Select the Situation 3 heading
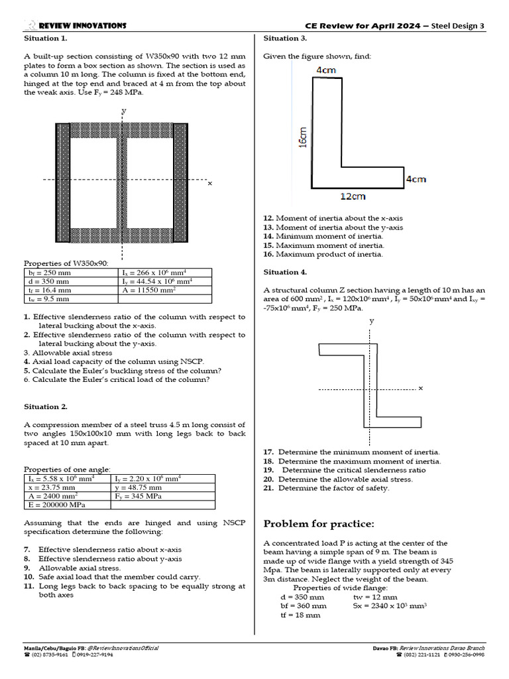click(284, 38)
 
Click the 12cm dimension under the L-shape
click(353, 196)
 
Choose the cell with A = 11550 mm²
click(148, 290)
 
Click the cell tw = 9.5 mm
click(48, 298)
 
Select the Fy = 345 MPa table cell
click(139, 495)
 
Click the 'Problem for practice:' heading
click(319, 524)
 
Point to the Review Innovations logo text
click(82, 25)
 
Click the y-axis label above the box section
click(123, 111)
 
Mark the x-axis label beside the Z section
click(420, 387)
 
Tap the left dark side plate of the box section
click(63, 183)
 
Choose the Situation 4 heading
click(285, 272)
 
